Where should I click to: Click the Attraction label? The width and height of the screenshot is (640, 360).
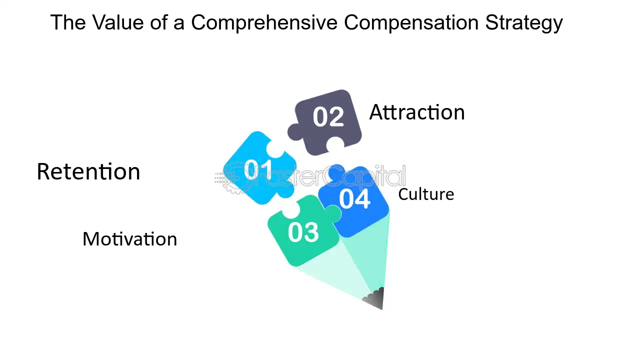click(x=417, y=112)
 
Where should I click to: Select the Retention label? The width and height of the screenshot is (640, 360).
click(x=88, y=171)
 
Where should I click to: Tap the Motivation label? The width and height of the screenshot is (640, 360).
click(x=130, y=239)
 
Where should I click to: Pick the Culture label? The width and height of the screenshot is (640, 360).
click(x=426, y=194)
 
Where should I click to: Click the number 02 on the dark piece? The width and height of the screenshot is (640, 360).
click(x=328, y=116)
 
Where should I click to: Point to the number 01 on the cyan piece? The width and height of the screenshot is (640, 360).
click(x=258, y=169)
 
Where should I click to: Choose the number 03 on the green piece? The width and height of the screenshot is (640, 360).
click(x=303, y=232)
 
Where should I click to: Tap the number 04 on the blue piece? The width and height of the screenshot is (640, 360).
click(x=355, y=199)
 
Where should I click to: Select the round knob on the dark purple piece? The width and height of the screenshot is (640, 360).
click(x=295, y=132)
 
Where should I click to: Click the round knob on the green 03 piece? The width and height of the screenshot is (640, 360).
click(x=333, y=213)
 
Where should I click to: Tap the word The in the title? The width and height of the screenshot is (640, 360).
click(x=68, y=22)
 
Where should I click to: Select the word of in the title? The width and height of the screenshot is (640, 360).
click(x=158, y=22)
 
